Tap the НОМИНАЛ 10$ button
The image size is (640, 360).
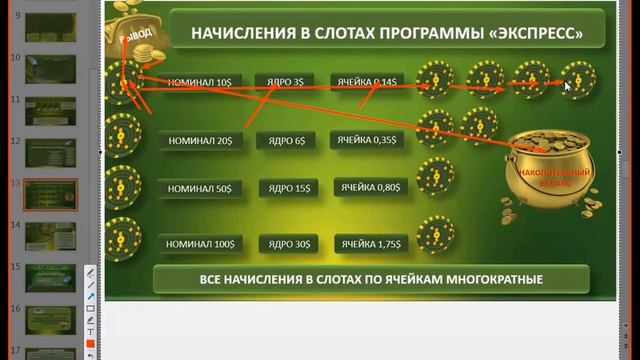point(200,82)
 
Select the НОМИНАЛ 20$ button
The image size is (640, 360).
point(200,140)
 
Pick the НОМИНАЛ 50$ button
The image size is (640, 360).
point(200,188)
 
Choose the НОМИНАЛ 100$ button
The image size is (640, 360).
point(200,243)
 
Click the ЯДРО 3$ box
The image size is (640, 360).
point(286,82)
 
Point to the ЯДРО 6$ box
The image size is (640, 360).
point(286,140)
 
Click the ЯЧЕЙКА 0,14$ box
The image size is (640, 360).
point(366,82)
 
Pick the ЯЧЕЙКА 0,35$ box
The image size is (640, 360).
point(366,140)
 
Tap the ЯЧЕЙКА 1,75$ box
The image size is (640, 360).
point(370,243)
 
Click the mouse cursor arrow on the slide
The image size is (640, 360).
point(567,86)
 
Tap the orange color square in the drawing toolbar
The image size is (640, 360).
point(90,345)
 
